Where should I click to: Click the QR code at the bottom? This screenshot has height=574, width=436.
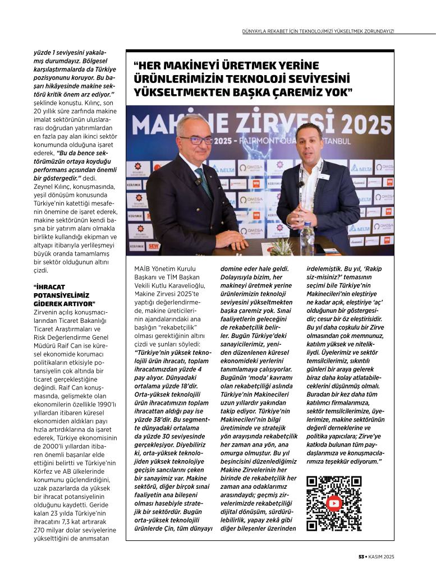(334, 503)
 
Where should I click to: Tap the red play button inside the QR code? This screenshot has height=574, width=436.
(334, 503)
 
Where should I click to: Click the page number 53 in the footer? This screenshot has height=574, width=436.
(362, 557)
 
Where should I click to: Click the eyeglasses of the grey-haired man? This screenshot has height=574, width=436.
(195, 140)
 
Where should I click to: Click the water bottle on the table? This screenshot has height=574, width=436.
(307, 238)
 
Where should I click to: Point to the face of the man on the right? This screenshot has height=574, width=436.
(311, 147)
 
